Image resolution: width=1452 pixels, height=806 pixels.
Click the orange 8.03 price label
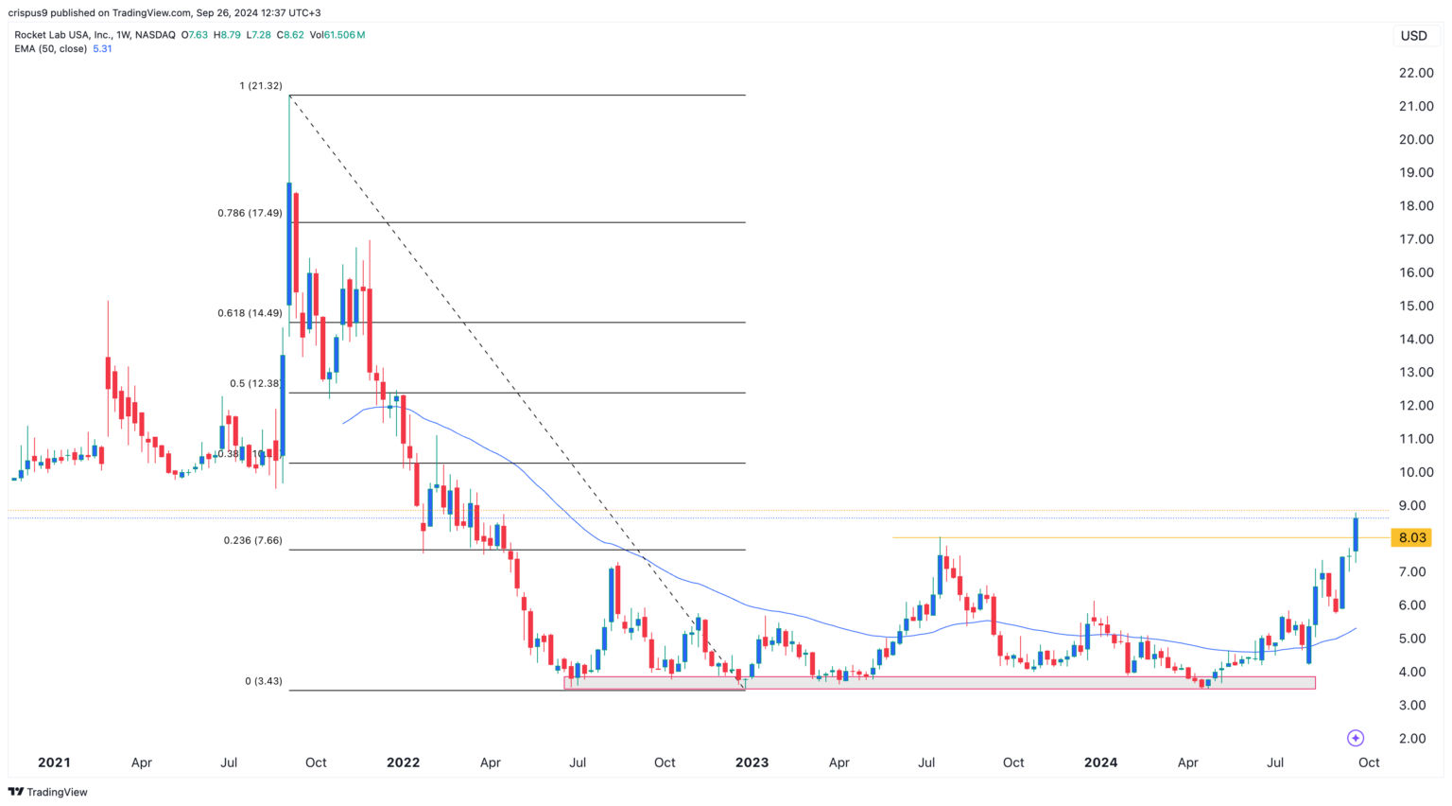[1411, 538]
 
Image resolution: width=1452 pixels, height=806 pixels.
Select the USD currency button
[1413, 36]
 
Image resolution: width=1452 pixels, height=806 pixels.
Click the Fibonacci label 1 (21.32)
[260, 86]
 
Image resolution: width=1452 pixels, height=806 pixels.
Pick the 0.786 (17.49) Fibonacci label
[250, 214]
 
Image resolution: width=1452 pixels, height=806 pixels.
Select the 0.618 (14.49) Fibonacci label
[250, 313]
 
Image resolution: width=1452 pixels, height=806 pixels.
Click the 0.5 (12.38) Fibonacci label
[255, 384]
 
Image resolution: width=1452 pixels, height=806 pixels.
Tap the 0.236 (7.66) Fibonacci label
[252, 541]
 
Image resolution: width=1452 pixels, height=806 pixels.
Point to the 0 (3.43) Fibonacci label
[263, 681]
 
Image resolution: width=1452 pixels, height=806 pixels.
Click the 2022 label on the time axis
[403, 762]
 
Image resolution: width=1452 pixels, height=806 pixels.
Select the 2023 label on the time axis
[752, 762]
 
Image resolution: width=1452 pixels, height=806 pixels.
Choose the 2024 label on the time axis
[1100, 762]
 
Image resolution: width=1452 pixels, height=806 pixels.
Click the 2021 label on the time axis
[54, 762]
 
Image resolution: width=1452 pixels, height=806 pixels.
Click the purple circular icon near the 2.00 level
[1356, 738]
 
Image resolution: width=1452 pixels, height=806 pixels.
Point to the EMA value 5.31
[102, 48]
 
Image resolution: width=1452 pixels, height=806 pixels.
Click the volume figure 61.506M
[344, 35]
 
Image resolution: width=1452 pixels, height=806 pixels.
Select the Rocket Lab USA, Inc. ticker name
[61, 35]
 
